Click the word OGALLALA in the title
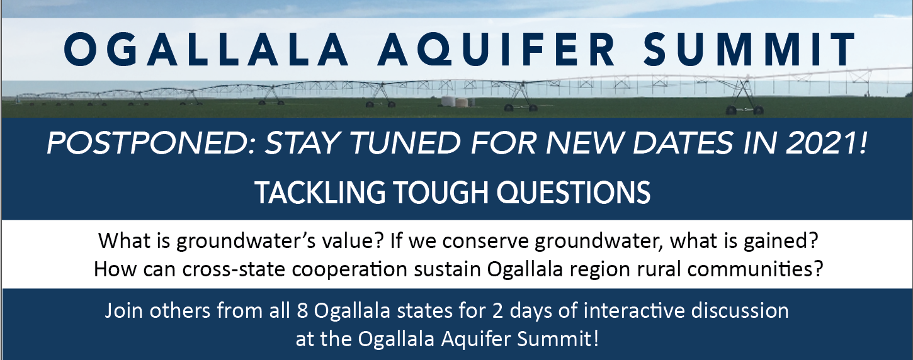(207, 49)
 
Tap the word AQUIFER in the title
(496, 49)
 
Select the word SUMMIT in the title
(749, 49)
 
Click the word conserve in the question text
(485, 242)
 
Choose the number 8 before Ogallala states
(302, 311)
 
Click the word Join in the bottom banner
(124, 311)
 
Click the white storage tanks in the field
(457, 102)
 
